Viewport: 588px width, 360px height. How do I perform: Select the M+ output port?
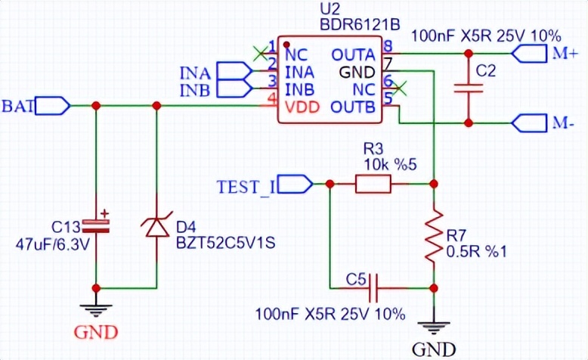531,53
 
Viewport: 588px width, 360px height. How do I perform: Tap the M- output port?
531,122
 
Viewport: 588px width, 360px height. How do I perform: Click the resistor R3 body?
373,183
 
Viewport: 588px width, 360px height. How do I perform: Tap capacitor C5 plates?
374,287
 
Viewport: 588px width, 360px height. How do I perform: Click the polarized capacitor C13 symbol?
96,224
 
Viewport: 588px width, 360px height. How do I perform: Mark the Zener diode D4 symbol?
156,225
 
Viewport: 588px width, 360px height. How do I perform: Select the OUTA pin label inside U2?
352,55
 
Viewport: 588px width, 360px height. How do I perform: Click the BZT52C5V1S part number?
217,244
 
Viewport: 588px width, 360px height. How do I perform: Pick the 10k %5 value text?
386,165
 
